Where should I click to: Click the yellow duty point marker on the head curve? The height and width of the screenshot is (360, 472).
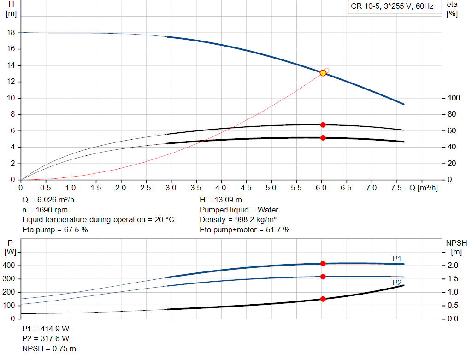click(x=323, y=73)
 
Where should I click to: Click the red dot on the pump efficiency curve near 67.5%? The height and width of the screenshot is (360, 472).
click(x=323, y=125)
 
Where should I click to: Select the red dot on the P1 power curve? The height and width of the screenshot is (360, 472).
click(x=323, y=264)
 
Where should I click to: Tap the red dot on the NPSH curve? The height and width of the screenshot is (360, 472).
click(x=323, y=299)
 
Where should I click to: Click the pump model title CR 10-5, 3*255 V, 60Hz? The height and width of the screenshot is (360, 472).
click(x=392, y=7)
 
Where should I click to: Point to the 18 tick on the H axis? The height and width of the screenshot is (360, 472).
click(x=12, y=33)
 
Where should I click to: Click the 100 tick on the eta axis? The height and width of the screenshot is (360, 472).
click(x=454, y=98)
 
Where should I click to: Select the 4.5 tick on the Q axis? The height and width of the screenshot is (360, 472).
click(x=246, y=188)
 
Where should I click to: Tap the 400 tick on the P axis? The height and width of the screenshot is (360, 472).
click(x=10, y=266)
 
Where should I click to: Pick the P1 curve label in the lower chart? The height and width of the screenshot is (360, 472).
click(x=397, y=259)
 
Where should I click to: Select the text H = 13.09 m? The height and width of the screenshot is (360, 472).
click(x=221, y=200)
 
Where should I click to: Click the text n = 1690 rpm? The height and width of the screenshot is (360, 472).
click(x=45, y=210)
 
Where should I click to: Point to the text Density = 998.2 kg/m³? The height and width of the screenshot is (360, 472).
click(x=238, y=220)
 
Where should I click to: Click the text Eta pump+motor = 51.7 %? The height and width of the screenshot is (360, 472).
click(x=245, y=230)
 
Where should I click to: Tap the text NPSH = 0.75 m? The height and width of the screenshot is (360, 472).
click(x=49, y=348)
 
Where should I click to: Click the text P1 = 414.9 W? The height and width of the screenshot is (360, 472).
click(x=46, y=329)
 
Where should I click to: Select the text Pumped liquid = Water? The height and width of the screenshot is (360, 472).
click(x=239, y=210)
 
